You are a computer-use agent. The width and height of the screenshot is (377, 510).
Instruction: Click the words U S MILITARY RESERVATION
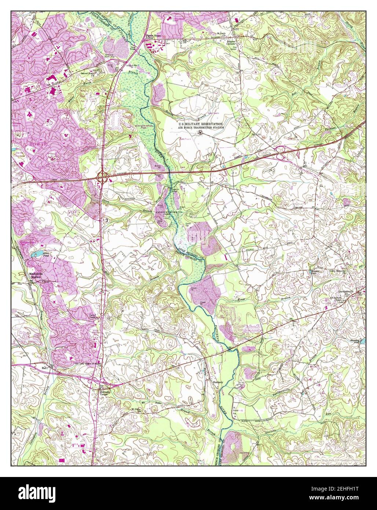pyautogui.click(x=201, y=125)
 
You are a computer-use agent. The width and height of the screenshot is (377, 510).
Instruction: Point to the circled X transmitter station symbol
pyautogui.click(x=200, y=132)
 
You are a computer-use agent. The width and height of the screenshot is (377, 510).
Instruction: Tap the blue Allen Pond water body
pyautogui.click(x=38, y=254)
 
